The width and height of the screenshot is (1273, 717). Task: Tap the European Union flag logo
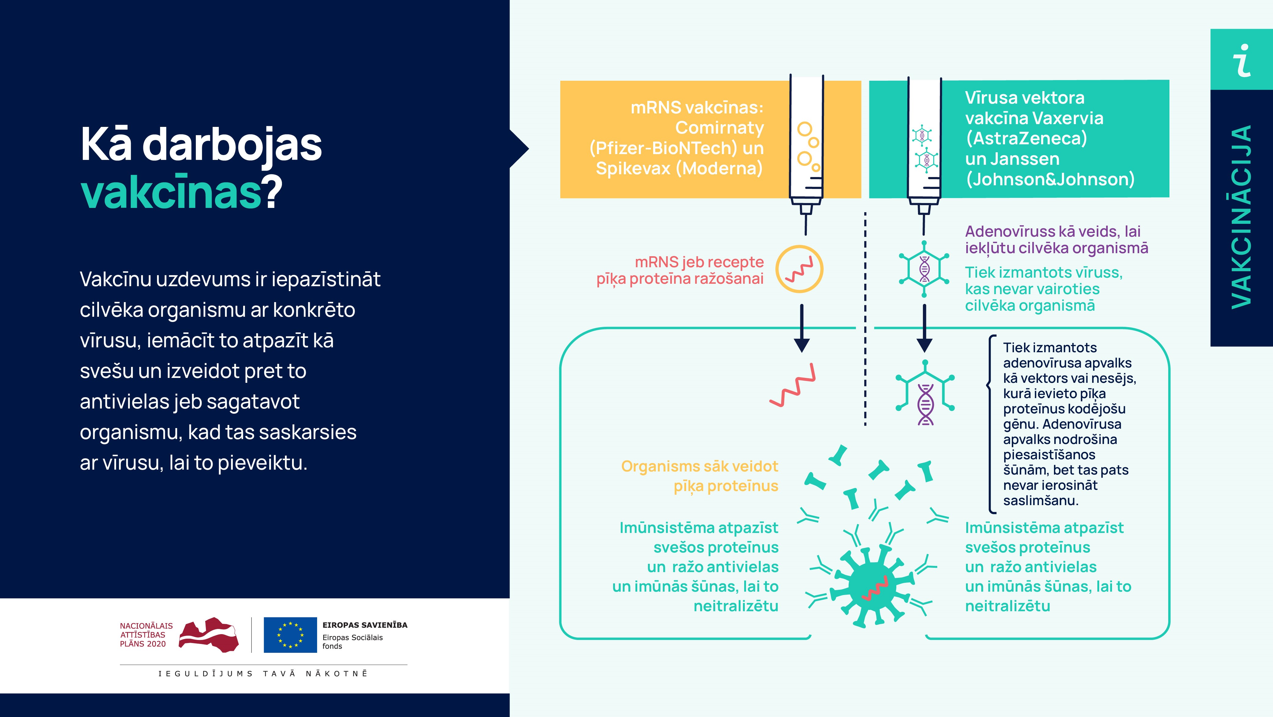(290, 634)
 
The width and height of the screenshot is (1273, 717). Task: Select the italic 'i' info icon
(1241, 60)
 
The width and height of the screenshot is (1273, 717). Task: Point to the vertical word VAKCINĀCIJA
(1241, 218)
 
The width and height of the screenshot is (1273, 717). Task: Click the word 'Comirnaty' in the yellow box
(719, 128)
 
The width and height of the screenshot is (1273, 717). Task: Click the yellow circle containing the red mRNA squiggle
(799, 269)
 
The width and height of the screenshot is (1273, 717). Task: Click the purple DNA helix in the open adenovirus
(925, 405)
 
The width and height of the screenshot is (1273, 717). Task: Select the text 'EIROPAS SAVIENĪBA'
(365, 625)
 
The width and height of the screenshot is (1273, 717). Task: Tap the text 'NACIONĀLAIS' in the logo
(146, 626)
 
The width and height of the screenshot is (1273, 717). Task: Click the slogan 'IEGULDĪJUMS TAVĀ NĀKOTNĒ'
(263, 674)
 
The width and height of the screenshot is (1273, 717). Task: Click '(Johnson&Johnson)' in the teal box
(1050, 179)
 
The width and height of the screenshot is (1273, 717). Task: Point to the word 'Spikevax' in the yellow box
(633, 168)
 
